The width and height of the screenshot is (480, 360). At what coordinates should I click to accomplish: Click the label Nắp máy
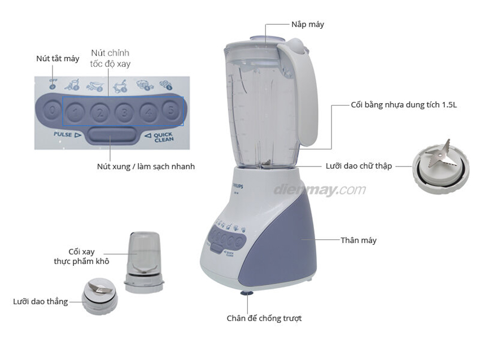pyautogui.click(x=308, y=24)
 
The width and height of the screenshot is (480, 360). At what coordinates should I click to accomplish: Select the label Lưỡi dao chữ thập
pyautogui.click(x=359, y=166)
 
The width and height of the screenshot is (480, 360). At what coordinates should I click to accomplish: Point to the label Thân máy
pyautogui.click(x=358, y=240)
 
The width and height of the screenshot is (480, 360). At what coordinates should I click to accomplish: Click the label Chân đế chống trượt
pyautogui.click(x=264, y=318)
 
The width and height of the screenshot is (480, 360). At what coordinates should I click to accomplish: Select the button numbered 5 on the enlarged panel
pyautogui.click(x=170, y=109)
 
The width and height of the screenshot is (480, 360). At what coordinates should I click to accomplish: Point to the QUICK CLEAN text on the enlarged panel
pyautogui.click(x=163, y=137)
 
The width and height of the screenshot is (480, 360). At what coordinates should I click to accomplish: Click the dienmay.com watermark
pyautogui.click(x=319, y=190)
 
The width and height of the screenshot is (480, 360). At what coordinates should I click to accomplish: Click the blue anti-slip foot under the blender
pyautogui.click(x=247, y=292)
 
